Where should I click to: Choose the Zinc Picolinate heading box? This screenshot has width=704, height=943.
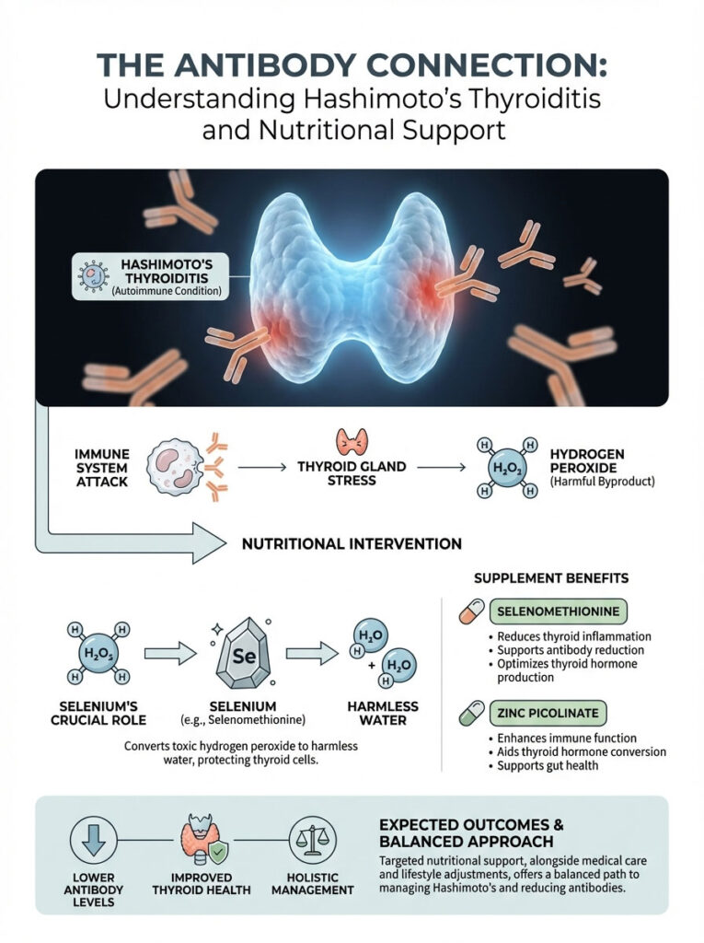(548, 713)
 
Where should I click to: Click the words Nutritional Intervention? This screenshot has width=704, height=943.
(352, 543)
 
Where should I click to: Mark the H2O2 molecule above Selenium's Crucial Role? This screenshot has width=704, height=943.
(98, 654)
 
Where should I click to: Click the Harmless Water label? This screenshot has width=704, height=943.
(384, 714)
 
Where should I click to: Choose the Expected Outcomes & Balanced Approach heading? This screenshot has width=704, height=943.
(471, 832)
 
